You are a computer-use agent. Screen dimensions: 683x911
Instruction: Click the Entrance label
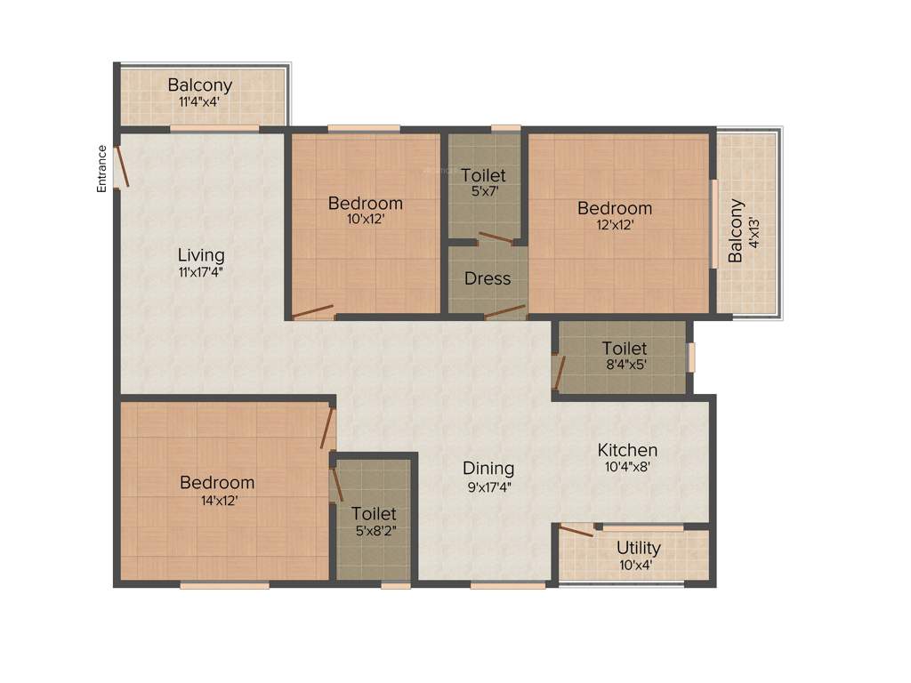(x=102, y=168)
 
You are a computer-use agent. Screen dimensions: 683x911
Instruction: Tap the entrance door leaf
(x=123, y=167)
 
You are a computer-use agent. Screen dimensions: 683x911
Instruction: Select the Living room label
(x=200, y=256)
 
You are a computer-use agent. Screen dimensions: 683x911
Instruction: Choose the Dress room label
(x=488, y=278)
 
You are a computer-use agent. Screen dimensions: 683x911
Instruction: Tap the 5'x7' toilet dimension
(x=482, y=191)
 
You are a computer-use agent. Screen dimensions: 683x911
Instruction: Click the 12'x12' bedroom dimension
(x=614, y=225)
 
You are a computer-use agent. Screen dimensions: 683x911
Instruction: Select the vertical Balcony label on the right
(x=736, y=230)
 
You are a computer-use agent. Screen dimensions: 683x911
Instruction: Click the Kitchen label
(x=627, y=450)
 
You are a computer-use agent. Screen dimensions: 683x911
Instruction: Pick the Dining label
(x=488, y=468)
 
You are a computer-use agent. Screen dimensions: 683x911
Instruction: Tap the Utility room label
(x=638, y=548)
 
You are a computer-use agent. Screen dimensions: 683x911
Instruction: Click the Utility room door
(x=576, y=531)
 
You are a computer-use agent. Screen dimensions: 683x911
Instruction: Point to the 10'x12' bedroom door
(x=313, y=311)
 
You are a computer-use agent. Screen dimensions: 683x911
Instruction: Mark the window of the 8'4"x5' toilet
(x=691, y=357)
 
